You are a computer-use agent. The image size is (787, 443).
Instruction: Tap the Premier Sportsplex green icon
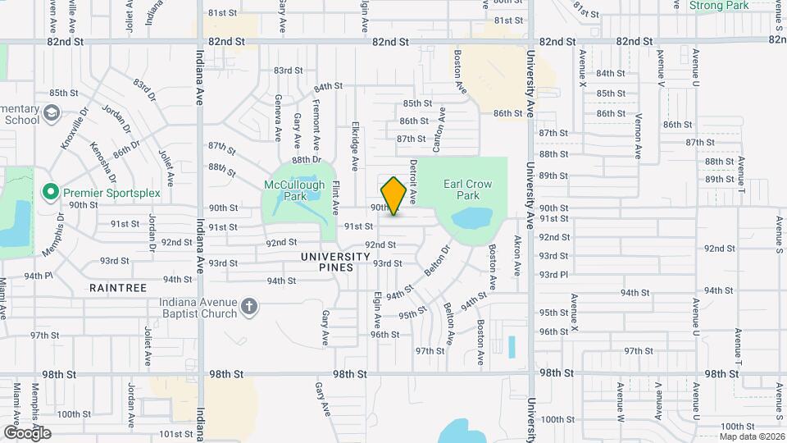(x=50, y=193)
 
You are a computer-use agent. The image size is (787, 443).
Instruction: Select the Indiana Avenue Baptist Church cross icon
(x=249, y=308)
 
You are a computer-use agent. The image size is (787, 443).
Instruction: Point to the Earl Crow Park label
(x=467, y=190)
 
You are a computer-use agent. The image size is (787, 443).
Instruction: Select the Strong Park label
(x=719, y=5)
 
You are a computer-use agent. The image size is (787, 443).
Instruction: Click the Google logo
(x=26, y=432)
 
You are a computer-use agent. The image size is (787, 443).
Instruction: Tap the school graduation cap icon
(x=52, y=112)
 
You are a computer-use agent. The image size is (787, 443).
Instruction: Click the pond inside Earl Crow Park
(x=466, y=219)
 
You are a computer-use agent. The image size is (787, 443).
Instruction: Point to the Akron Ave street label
(x=517, y=255)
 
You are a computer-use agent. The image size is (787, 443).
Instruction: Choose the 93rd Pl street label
(x=553, y=275)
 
